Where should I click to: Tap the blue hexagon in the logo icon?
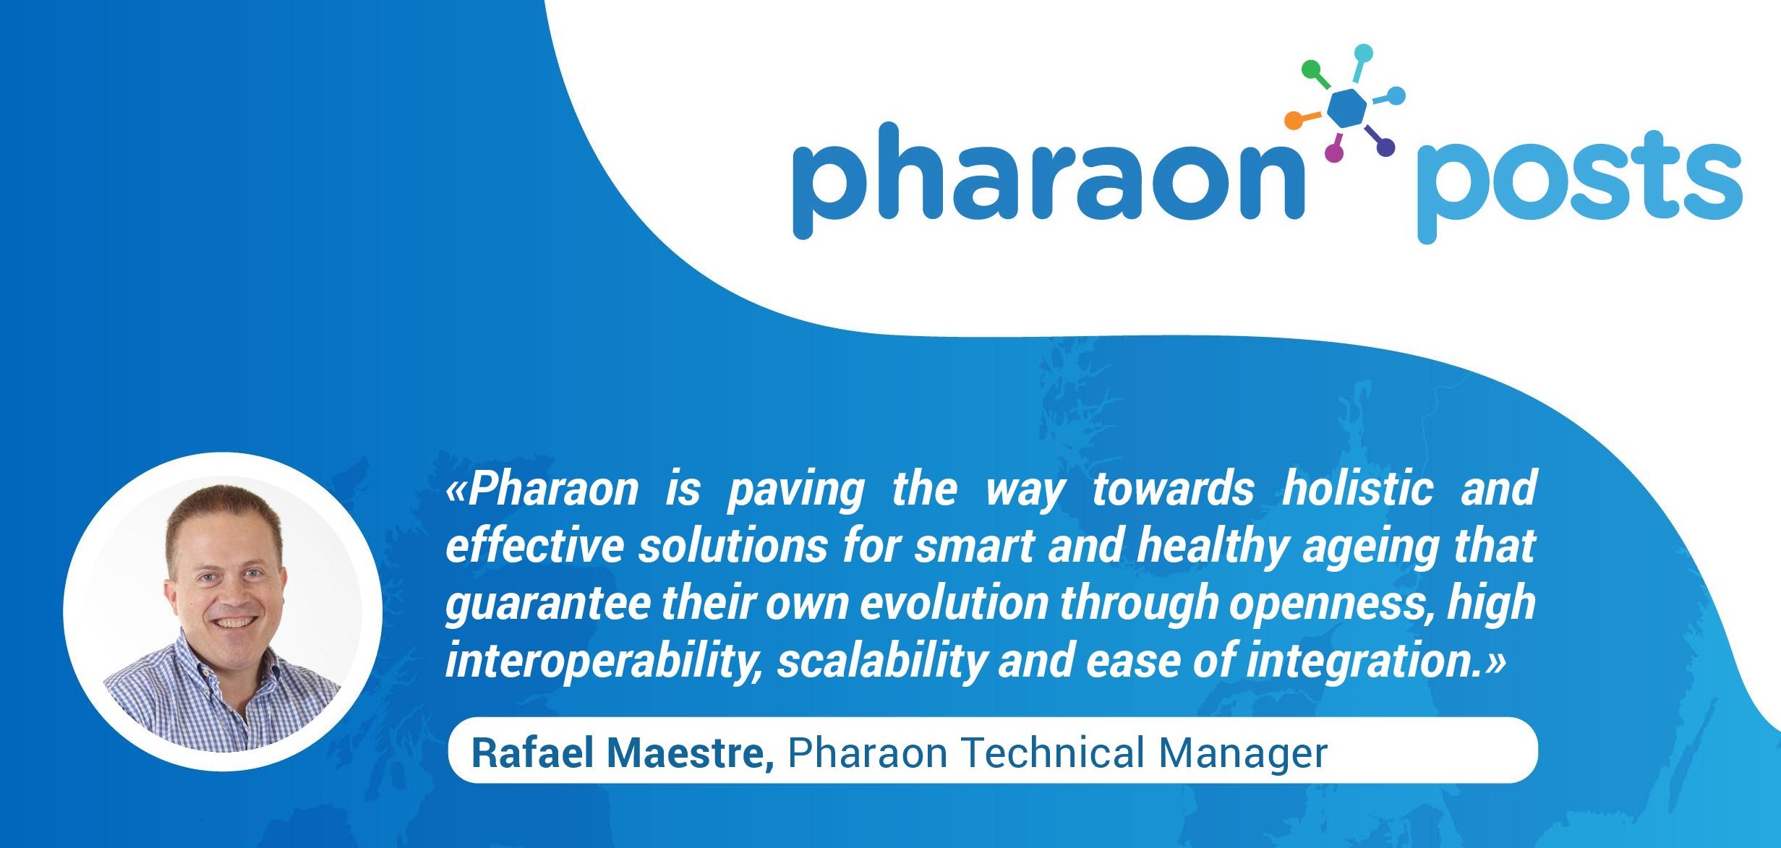[1347, 109]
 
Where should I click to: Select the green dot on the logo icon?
[1311, 69]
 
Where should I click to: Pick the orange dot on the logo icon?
[1292, 121]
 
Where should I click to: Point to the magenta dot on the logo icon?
[1333, 153]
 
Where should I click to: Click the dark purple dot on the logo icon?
[1385, 147]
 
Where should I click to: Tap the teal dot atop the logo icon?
[1363, 53]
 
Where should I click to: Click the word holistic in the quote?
[1358, 489]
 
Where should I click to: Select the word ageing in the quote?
[1367, 548]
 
